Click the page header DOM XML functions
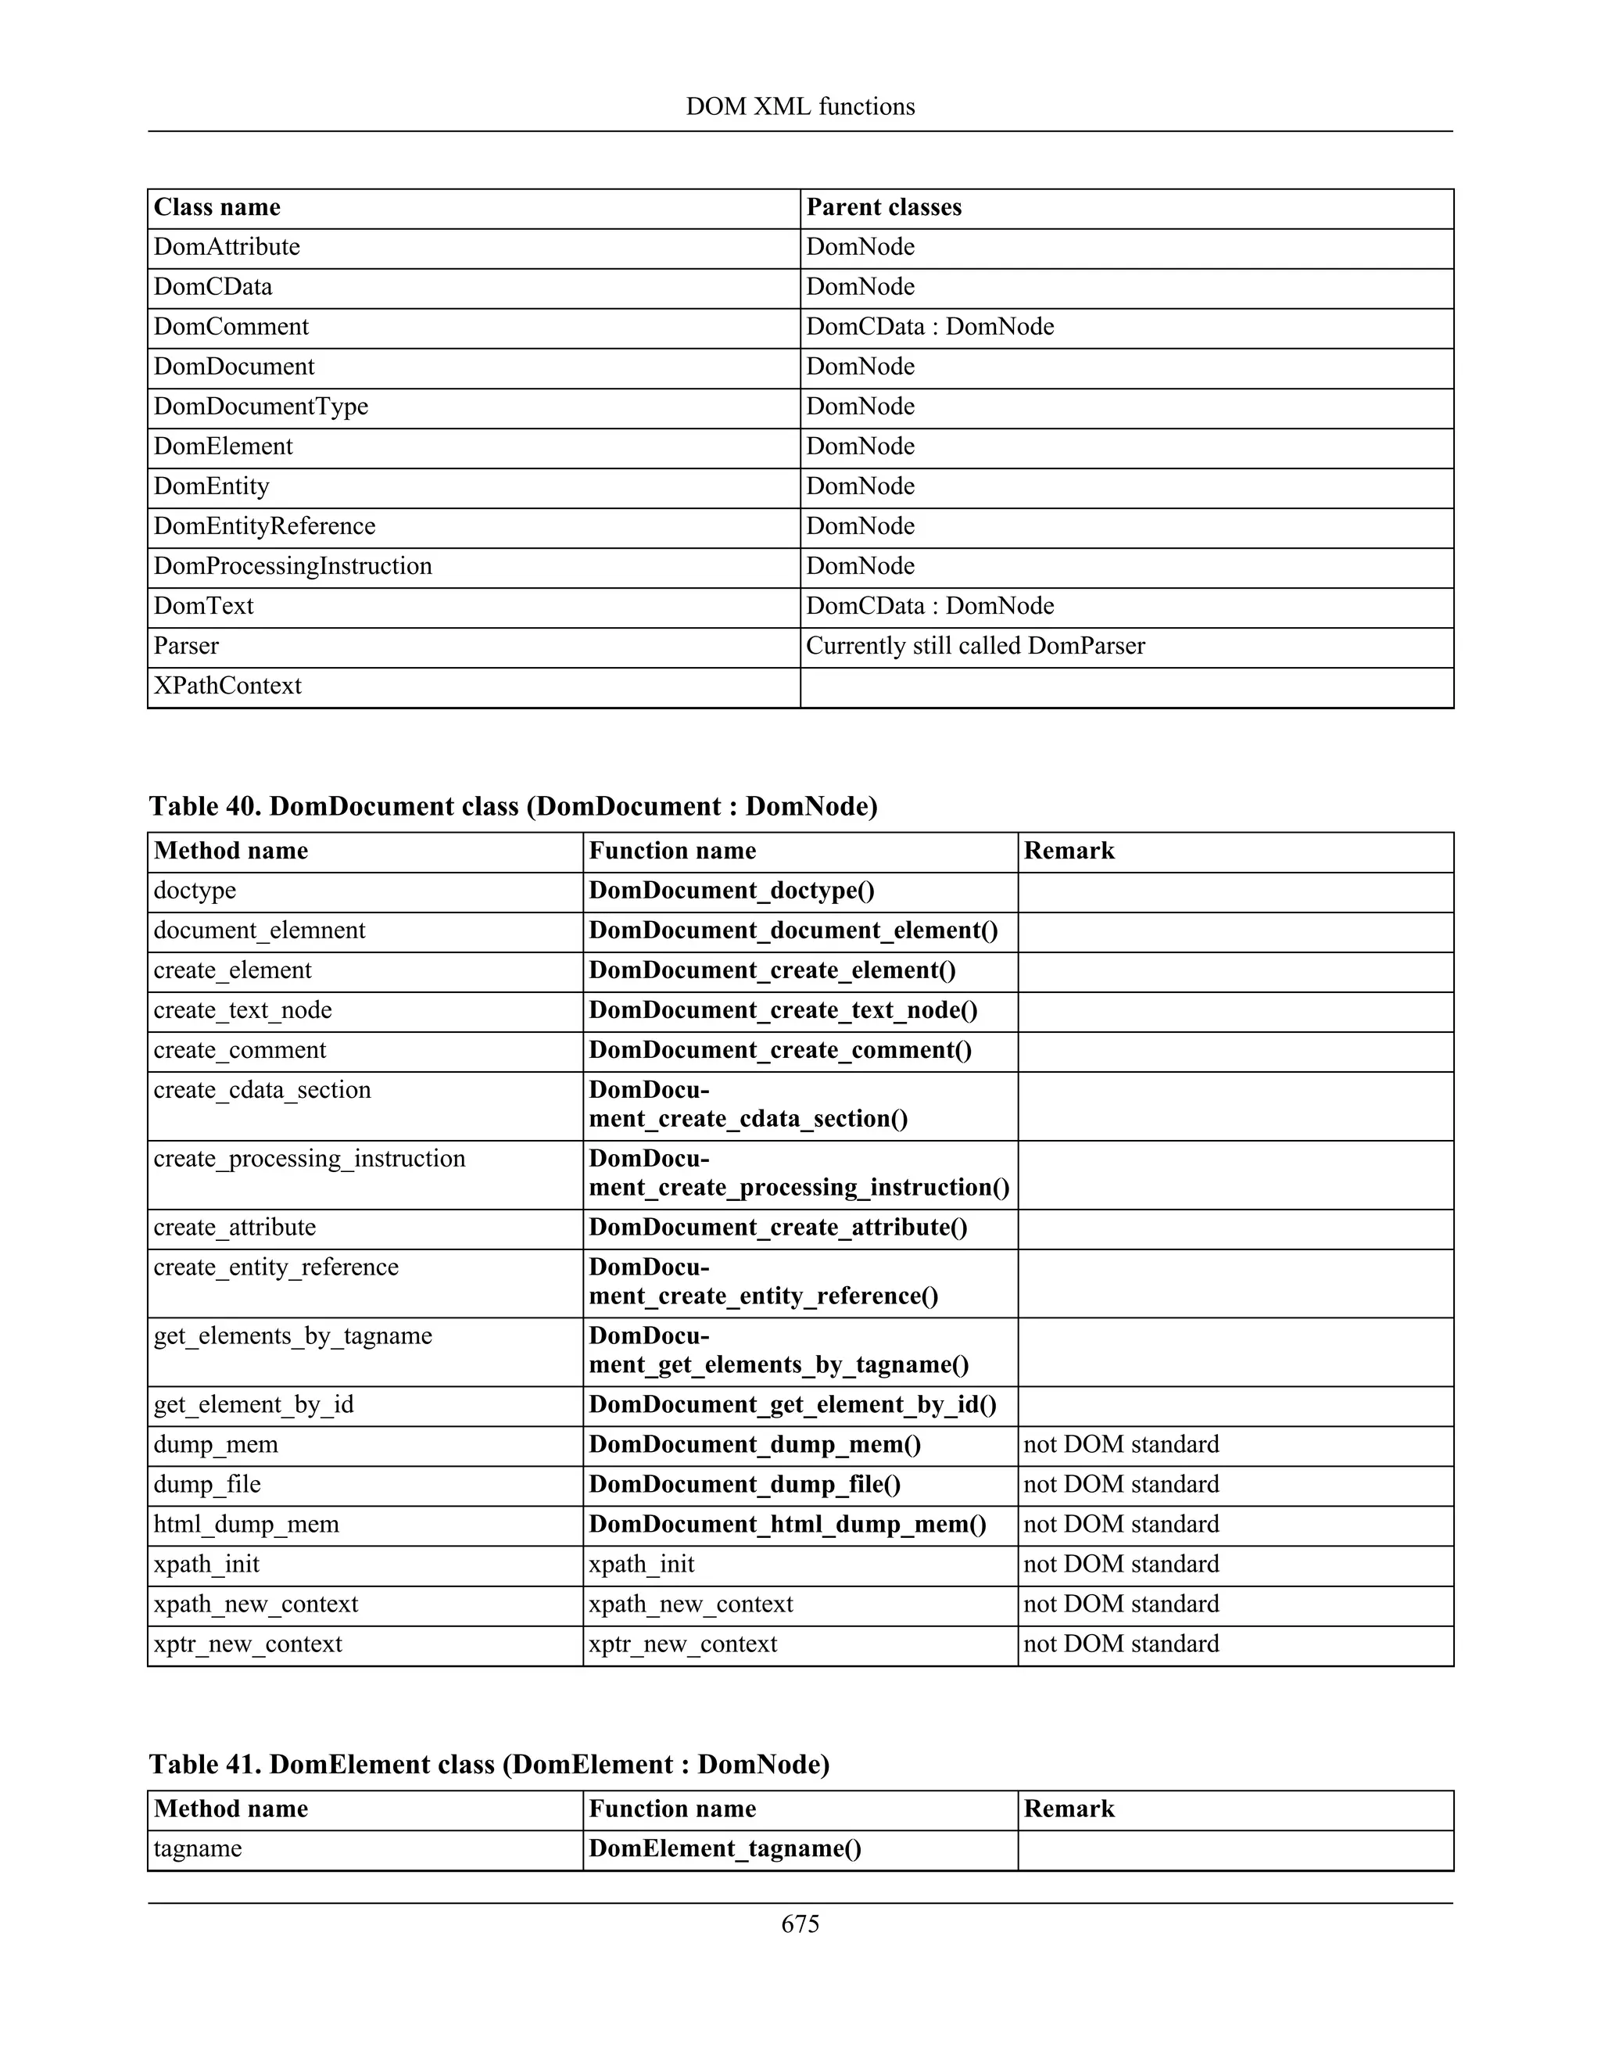tap(800, 106)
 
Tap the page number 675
tap(800, 1924)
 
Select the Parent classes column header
tap(883, 208)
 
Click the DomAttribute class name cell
tap(227, 248)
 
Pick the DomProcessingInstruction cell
tap(292, 566)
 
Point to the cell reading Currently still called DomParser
tap(975, 646)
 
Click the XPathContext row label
tap(227, 686)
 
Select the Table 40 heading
tap(513, 806)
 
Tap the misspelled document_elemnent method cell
tap(259, 930)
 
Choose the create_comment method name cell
tap(239, 1050)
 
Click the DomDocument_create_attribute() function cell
tap(778, 1228)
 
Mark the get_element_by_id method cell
tap(253, 1405)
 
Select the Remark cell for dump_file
tap(1121, 1485)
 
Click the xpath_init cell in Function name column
tap(641, 1565)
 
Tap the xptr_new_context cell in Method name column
tap(248, 1644)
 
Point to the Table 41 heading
tap(489, 1765)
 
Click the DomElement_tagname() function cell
tap(725, 1849)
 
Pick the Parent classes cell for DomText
tap(929, 606)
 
